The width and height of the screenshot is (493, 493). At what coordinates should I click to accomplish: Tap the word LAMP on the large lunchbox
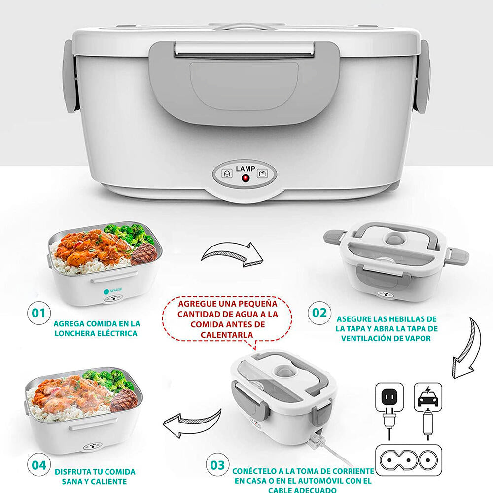tap(245, 169)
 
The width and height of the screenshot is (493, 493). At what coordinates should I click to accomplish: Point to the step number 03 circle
tap(217, 465)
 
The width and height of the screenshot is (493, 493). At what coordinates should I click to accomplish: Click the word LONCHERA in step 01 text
tap(79, 333)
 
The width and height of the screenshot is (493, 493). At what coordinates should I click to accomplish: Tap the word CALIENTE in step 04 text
tap(109, 481)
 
